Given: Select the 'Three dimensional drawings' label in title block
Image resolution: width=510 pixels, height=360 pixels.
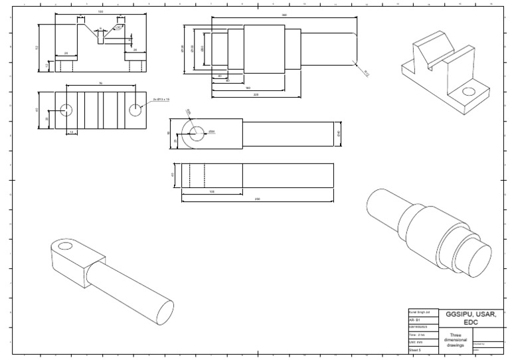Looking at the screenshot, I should [x=456, y=339].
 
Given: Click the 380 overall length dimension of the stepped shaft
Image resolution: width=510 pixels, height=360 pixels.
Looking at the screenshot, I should [x=284, y=15].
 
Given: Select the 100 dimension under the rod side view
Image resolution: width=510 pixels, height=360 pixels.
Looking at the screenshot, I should [x=212, y=191].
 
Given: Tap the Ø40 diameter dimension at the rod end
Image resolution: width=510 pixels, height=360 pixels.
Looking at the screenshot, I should [x=339, y=134].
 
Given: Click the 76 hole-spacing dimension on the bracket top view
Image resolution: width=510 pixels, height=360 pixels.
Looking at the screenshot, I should [x=100, y=83].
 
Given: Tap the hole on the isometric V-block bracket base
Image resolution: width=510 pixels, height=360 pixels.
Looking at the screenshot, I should [x=469, y=92].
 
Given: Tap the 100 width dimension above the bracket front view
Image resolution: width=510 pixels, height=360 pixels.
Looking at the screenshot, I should [x=100, y=11].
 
